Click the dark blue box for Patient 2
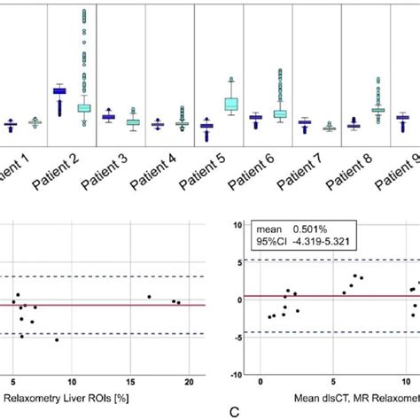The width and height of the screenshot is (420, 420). [59, 90]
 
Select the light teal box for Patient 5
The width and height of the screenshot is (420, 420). [231, 104]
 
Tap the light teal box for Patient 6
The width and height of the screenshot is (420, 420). [280, 113]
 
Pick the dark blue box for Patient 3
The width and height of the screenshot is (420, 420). [108, 116]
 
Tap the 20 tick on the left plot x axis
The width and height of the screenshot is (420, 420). [189, 381]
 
